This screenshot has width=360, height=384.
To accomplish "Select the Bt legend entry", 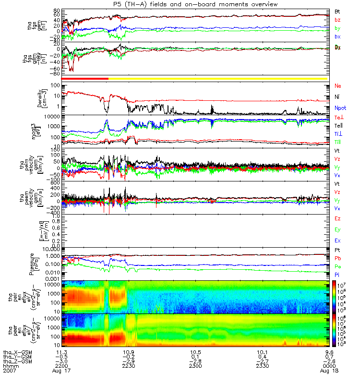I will [338, 11].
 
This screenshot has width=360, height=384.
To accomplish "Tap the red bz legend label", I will [338, 20].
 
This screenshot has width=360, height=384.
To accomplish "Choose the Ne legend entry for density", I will [338, 86].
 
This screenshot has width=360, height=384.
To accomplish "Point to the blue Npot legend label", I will [340, 108].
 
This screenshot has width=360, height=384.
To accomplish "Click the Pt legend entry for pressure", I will [338, 251].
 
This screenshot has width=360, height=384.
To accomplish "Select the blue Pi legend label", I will [338, 275].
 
